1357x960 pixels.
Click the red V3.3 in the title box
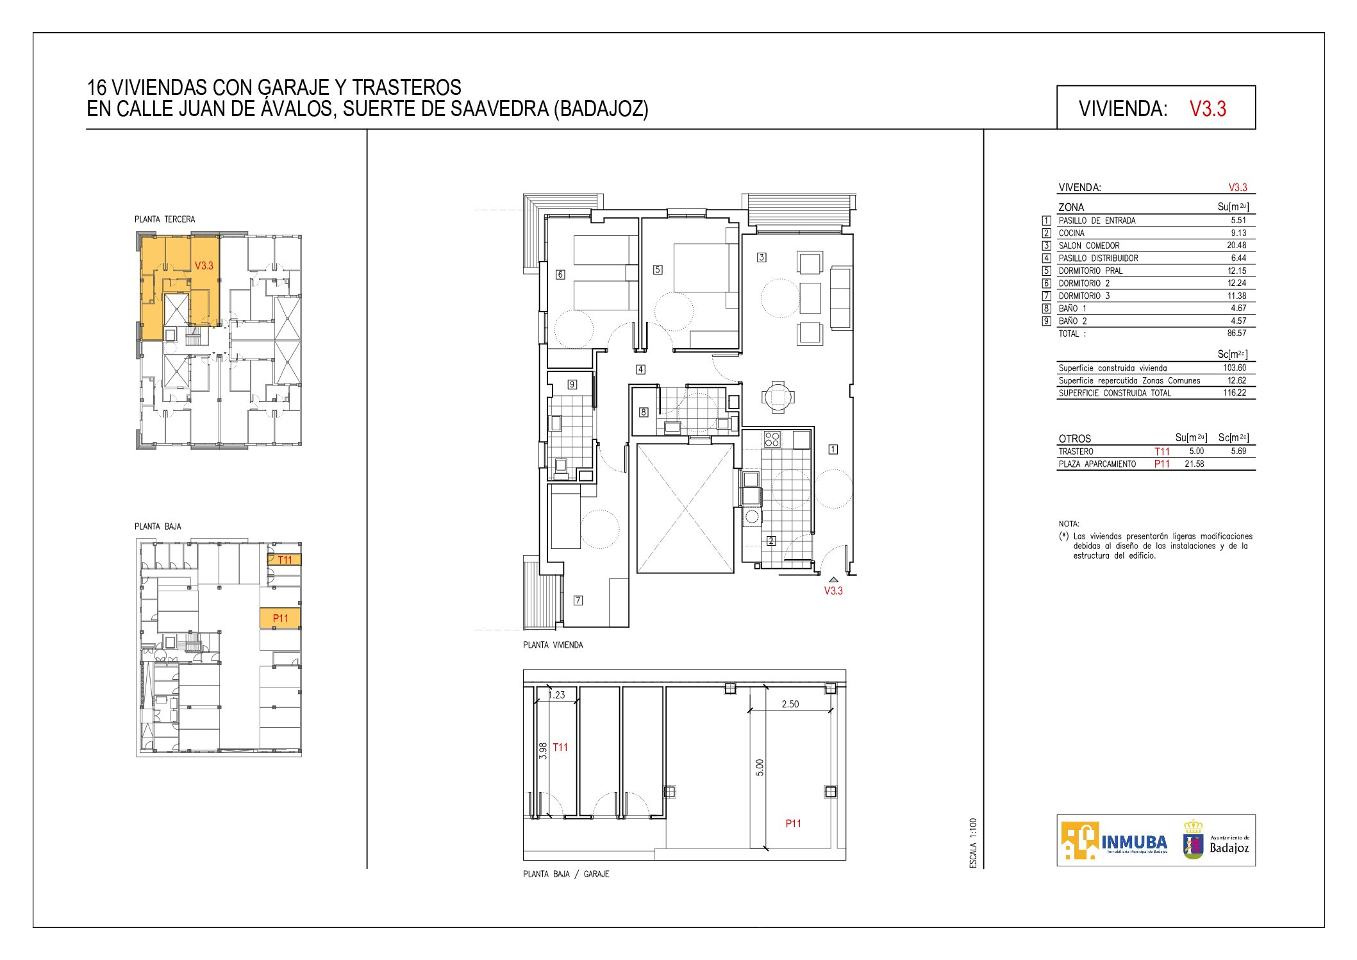[x=1208, y=108]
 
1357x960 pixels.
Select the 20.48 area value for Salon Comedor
[x=1236, y=245]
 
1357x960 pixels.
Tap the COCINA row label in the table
[x=1071, y=233]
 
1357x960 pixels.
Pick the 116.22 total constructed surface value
[x=1235, y=392]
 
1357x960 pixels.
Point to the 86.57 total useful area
[x=1236, y=333]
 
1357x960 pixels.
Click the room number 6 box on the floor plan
[x=560, y=274]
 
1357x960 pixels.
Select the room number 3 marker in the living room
[x=762, y=257]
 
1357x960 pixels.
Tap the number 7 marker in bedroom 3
[x=578, y=600]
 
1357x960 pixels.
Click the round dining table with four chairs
[x=778, y=398]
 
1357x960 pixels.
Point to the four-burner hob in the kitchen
[x=772, y=439]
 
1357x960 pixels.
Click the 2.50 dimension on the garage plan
[x=790, y=704]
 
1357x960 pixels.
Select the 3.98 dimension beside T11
[x=544, y=751]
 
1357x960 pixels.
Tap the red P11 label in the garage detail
[x=794, y=823]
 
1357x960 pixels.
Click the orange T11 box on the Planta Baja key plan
[x=285, y=560]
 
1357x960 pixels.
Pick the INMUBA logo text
[x=1134, y=841]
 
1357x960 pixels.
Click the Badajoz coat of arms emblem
[x=1193, y=840]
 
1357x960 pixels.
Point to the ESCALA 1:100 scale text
[x=973, y=843]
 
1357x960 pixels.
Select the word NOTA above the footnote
[x=1069, y=523]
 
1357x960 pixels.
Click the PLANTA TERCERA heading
[x=165, y=219]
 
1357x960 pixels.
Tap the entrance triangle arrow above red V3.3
[x=833, y=580]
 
